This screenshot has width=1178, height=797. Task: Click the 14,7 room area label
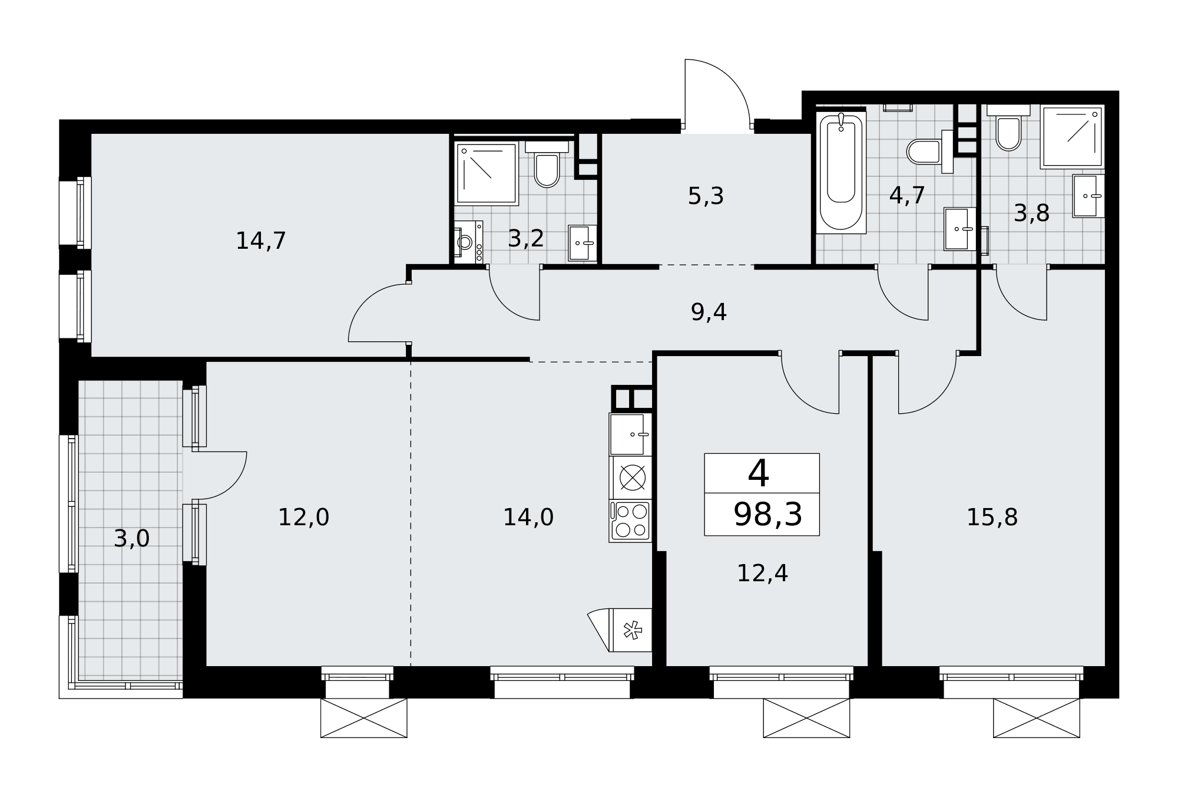261,241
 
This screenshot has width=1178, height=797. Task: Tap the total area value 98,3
767,515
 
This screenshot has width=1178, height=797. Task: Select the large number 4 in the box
759,473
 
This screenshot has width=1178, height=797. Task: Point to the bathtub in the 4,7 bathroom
841,172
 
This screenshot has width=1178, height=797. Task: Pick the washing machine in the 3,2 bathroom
469,242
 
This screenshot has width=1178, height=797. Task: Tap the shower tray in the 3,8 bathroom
1072,137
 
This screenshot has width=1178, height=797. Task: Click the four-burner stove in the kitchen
630,521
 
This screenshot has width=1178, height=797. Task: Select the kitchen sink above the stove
630,434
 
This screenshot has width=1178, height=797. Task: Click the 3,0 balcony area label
132,538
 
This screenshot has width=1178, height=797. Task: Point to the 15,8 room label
992,518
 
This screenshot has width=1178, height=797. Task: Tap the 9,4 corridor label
709,312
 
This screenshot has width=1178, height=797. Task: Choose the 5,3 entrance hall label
706,196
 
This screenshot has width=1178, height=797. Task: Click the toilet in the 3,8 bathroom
1008,128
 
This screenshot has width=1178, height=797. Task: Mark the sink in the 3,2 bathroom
583,243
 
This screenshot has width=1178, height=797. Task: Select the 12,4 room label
762,573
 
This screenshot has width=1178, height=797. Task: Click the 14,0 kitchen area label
528,518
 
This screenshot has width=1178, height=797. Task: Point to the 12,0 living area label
303,518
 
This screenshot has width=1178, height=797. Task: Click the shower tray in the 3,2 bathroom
487,173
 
